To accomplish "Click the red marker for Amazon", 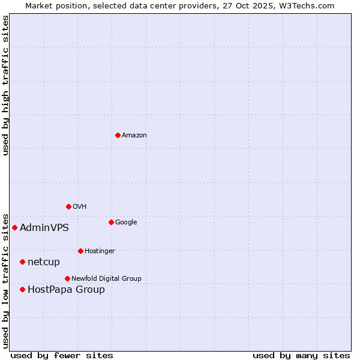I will tap(118, 135).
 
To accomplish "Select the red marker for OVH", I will tap(68, 206).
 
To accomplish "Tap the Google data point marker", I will tap(111, 222).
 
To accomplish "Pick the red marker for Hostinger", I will tap(80, 251).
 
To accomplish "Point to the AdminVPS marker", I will tap(14, 227).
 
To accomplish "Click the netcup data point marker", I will tap(22, 262).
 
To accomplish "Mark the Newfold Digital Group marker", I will tap(67, 278).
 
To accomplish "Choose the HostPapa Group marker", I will tap(22, 289).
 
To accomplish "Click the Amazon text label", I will tap(134, 136).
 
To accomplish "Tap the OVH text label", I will tap(80, 207).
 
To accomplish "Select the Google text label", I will tap(126, 223).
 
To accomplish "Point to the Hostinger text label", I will tap(100, 251).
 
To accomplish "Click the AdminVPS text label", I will tap(44, 228).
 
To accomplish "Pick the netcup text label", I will tap(44, 262).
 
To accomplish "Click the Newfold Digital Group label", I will tap(106, 279).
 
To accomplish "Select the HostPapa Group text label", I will tap(66, 290).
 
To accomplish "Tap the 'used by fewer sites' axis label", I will tap(62, 355).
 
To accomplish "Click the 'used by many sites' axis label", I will tap(301, 355).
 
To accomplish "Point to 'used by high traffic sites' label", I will tap(5, 85).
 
